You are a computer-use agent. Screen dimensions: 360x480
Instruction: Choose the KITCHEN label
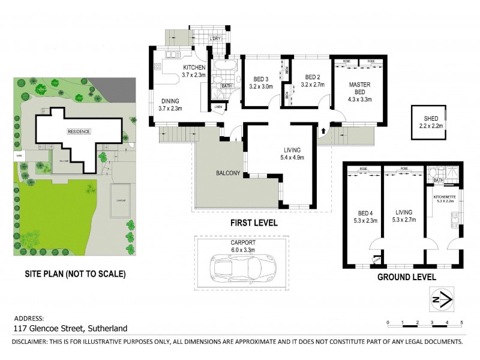[x=194, y=67]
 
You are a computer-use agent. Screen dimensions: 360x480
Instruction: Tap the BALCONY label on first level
[x=228, y=174]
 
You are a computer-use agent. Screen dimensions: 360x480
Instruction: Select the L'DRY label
[x=215, y=40]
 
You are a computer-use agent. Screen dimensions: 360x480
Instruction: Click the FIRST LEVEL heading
[x=254, y=223]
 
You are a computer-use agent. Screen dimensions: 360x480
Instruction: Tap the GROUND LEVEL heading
[x=406, y=277]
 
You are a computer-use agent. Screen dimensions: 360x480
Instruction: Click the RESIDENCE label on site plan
[x=78, y=131]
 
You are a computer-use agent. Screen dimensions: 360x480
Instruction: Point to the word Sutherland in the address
[x=107, y=328]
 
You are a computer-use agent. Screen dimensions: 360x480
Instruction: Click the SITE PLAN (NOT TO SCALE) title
[x=75, y=274]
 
